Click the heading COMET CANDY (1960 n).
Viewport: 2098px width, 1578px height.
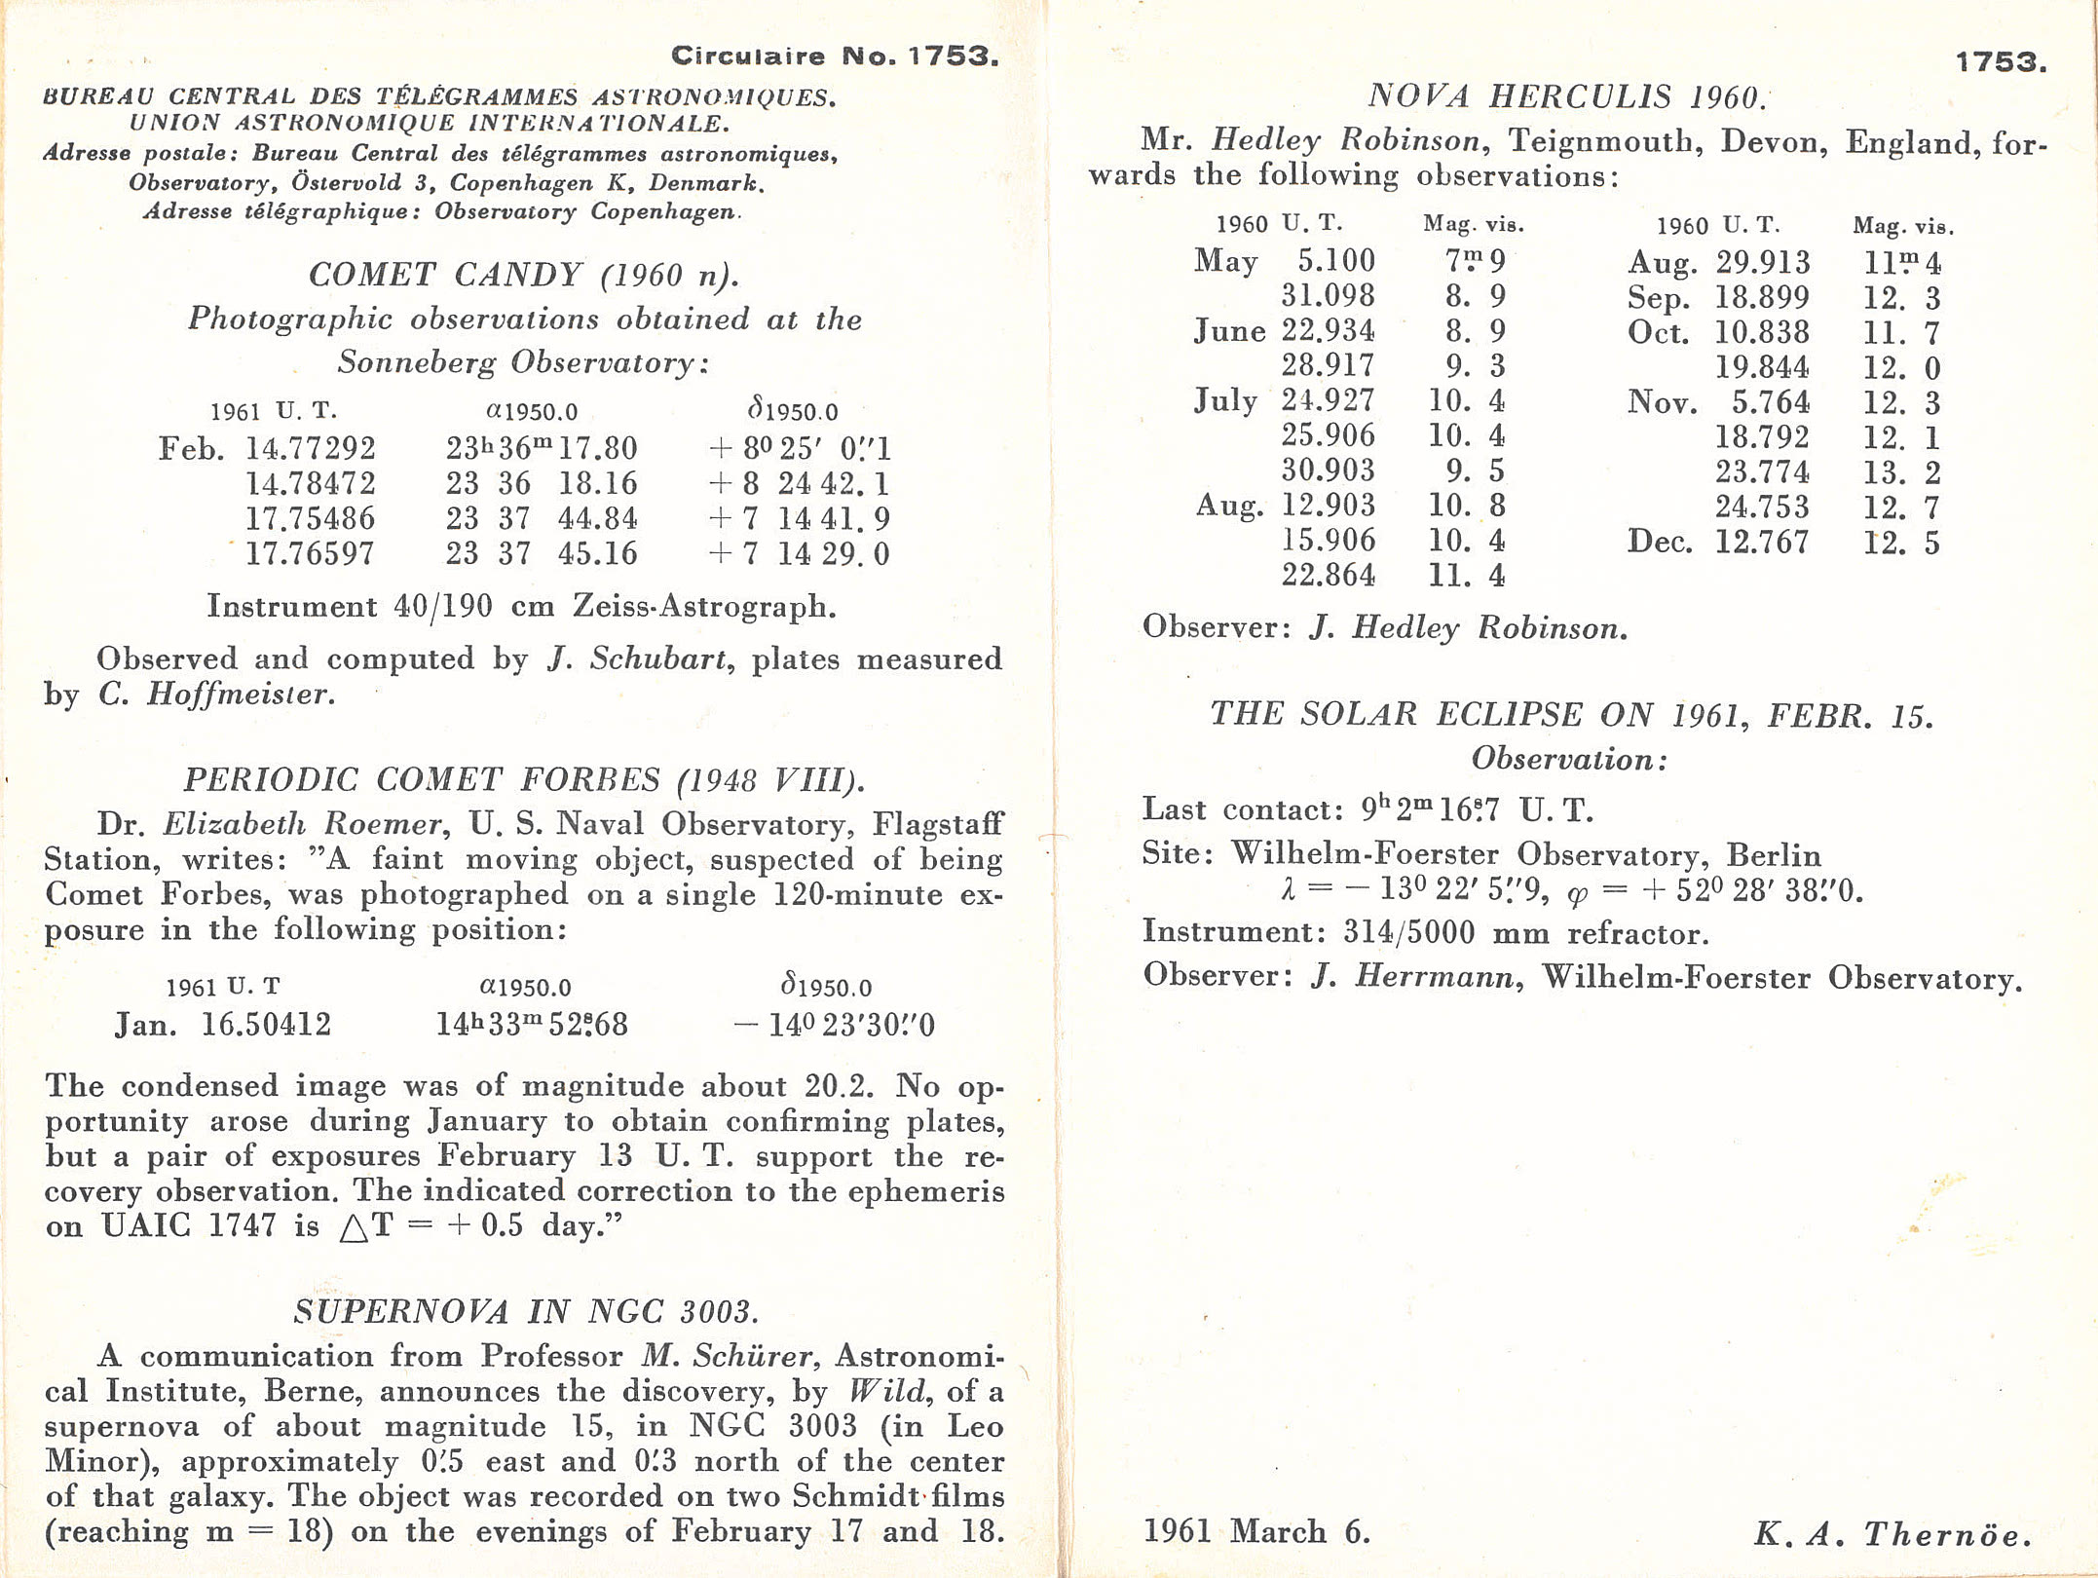(523, 276)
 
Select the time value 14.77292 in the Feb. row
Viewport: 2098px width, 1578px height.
(310, 448)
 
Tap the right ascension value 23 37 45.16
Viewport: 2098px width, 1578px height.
(542, 553)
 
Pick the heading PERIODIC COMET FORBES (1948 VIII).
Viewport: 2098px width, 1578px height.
(523, 780)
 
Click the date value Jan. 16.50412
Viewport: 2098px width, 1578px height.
(223, 1025)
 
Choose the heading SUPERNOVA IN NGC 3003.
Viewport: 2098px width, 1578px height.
(525, 1312)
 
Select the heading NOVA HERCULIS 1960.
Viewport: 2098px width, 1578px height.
(1566, 96)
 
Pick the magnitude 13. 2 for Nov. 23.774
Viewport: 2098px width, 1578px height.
(1901, 473)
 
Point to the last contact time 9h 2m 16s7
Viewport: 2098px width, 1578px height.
(1431, 809)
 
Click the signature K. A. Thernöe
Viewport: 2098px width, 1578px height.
(1892, 1534)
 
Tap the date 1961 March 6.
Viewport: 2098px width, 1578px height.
(1255, 1532)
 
